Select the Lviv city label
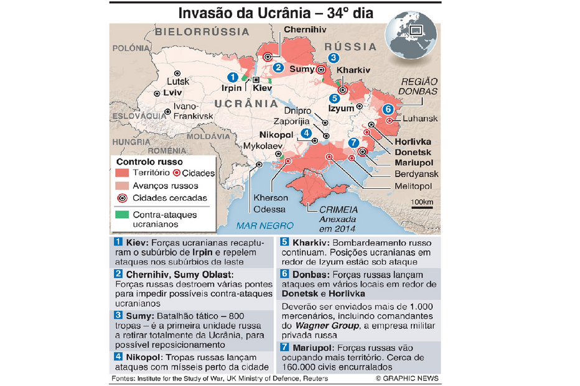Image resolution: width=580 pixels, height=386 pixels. coord(172,93)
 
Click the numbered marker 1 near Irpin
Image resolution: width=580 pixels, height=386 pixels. coord(233,77)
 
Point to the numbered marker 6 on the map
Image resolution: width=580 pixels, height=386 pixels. coord(388,109)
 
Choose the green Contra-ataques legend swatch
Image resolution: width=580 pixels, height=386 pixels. coord(122,214)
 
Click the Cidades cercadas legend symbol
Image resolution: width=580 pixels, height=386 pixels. coord(122,198)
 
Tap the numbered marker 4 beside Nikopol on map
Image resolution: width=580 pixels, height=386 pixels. coord(306,132)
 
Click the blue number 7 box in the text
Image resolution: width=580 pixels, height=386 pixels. coord(284,348)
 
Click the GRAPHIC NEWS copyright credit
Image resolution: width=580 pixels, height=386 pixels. coord(407,378)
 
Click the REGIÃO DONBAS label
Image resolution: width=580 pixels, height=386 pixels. coord(419,86)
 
